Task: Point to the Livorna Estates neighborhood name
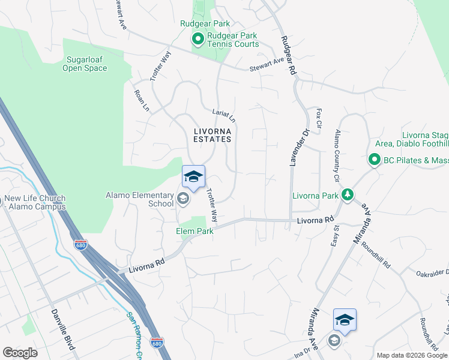[212, 134]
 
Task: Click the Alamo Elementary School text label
[140, 199]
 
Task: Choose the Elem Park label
[194, 231]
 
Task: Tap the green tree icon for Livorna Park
[347, 195]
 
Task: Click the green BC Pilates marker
[374, 160]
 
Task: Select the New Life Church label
[35, 203]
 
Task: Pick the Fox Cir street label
[319, 118]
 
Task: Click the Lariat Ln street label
[224, 115]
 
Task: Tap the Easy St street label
[335, 236]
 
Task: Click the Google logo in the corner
[20, 353]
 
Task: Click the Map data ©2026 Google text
[412, 355]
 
